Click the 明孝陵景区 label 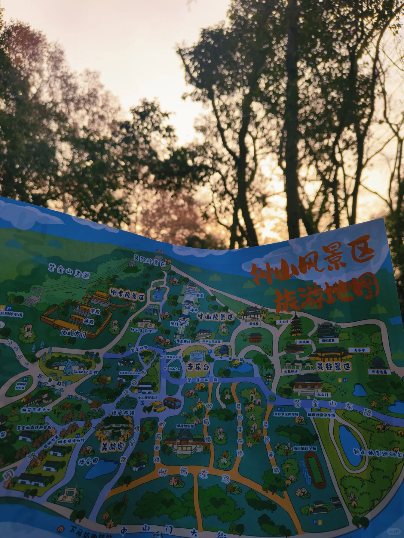[127, 294]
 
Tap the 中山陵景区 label [216, 317]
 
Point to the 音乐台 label [198, 367]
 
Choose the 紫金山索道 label [69, 272]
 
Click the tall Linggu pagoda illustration [296, 325]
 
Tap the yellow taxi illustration [157, 406]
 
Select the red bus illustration [172, 403]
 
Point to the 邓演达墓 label [379, 372]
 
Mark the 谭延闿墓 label [329, 341]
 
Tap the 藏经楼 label [253, 324]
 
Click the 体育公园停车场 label [321, 414]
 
